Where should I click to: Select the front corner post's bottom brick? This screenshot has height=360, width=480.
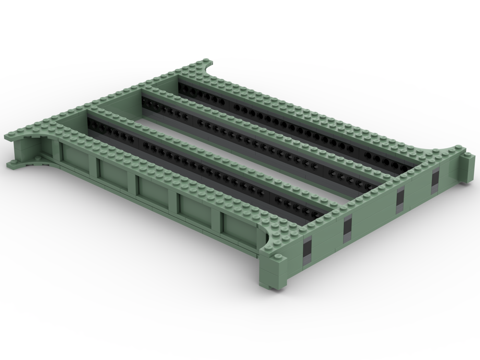pos(278,283)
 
